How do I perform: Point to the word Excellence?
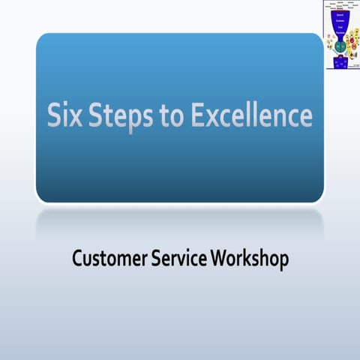point(254,117)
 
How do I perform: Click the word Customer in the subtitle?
point(111,259)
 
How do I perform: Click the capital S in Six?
point(55,117)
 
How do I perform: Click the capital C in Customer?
point(78,259)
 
